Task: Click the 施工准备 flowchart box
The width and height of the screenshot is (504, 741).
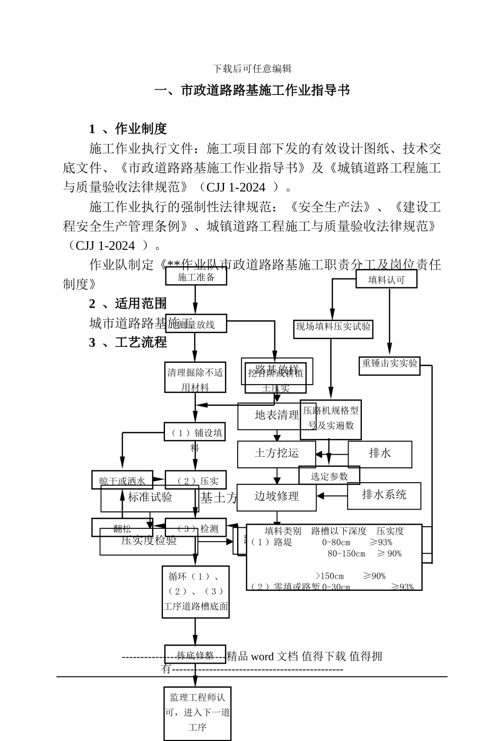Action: (196, 276)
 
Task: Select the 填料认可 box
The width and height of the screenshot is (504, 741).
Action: (386, 279)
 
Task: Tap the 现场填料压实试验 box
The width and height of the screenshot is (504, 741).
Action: (333, 328)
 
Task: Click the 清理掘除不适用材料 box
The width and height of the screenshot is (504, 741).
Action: (195, 379)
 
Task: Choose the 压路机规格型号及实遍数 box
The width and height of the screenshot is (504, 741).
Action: (331, 419)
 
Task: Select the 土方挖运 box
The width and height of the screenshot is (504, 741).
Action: (276, 454)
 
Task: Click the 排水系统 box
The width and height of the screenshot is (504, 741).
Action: (384, 495)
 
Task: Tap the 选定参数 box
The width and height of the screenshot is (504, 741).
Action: (329, 476)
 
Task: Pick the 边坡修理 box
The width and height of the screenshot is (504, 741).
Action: (276, 496)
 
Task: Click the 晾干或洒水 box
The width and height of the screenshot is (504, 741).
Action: (122, 481)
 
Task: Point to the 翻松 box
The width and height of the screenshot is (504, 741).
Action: (122, 528)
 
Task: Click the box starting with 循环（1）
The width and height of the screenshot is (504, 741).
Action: (195, 591)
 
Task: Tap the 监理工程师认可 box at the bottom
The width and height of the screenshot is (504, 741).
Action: (197, 712)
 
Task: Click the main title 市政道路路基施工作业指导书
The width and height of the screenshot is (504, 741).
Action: (252, 91)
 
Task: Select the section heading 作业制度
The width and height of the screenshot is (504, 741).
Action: (141, 129)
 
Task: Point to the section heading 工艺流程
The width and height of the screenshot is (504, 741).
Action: (141, 343)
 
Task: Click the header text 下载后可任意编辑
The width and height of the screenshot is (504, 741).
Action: (252, 69)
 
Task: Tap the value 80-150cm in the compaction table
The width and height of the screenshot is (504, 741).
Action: (346, 554)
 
